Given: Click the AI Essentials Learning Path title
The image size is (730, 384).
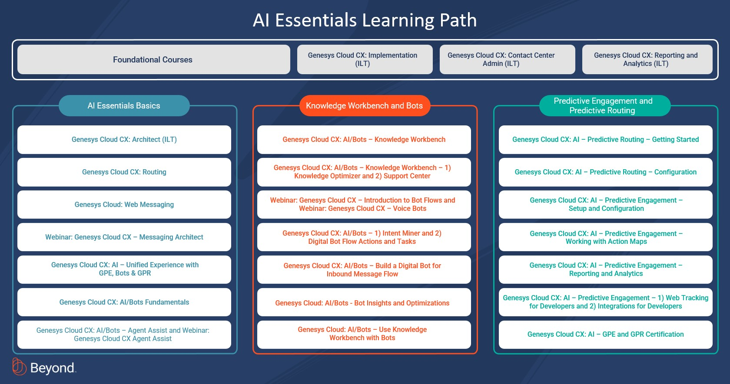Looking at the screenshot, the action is click(365, 20).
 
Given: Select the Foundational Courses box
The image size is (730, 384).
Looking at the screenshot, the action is click(153, 59).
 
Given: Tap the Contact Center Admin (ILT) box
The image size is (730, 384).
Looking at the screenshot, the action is click(507, 59).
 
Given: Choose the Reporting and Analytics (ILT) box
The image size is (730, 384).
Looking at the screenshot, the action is click(647, 59).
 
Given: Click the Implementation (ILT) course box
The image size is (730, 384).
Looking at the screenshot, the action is click(365, 59).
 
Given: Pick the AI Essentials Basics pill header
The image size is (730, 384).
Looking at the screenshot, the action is click(124, 106).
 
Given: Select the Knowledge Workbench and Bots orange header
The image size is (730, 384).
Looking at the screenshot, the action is click(365, 106).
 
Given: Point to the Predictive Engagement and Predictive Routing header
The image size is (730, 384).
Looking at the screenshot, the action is click(605, 106).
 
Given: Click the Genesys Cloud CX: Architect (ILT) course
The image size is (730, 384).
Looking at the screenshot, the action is click(124, 140).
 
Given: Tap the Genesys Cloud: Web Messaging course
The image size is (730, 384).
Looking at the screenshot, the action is click(124, 205).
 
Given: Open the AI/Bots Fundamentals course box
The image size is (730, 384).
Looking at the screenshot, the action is click(124, 302).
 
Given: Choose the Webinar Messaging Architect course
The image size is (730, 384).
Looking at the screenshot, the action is click(124, 237).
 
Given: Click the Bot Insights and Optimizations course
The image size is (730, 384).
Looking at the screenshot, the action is click(364, 302).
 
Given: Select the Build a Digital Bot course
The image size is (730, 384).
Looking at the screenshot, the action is click(364, 270).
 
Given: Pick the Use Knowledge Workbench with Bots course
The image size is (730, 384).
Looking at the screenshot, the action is click(364, 335).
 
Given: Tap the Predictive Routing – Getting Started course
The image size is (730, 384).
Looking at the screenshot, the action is click(606, 140).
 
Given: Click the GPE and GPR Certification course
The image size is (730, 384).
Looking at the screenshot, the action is click(606, 335).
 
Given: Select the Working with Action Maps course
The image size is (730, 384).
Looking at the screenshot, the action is click(606, 237).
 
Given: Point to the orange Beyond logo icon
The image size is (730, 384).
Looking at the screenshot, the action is click(19, 367).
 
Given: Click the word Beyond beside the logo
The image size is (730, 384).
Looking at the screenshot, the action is click(53, 368).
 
